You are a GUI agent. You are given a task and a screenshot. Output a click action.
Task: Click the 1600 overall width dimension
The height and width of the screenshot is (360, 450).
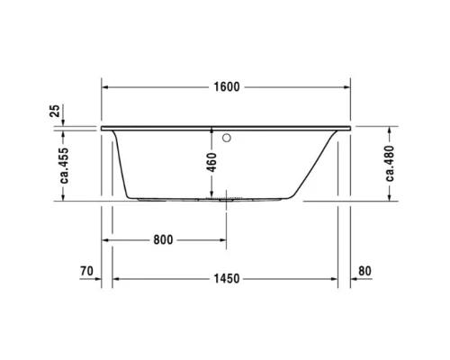coord(228,87)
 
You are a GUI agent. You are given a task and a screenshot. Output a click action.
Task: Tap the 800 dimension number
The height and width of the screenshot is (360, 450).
coord(163,240)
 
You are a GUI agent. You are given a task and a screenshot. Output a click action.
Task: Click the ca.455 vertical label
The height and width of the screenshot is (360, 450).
coord(63,164)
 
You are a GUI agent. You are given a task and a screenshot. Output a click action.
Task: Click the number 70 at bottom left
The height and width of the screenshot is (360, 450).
coord(86,271)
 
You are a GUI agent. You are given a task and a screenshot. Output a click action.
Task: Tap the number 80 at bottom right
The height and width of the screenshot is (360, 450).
coord(364,271)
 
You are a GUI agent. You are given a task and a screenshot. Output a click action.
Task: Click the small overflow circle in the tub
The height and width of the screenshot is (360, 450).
coord(228,138)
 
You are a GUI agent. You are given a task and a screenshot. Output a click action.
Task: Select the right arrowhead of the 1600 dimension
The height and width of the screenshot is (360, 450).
coord(347,87)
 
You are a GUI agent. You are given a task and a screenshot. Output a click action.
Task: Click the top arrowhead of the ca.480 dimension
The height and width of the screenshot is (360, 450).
coord(365,128)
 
